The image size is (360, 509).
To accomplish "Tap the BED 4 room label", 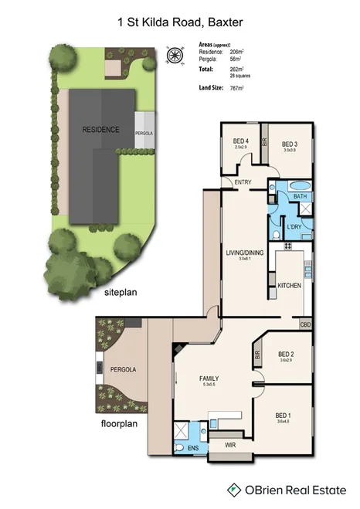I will pos(240,142).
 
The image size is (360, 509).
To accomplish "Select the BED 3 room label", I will pos(289,144).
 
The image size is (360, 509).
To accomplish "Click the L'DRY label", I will pos(294,226).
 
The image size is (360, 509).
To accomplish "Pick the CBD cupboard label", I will pos(305,324).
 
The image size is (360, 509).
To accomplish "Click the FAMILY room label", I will pos(209,378).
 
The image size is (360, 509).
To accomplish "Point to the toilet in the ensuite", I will pos(180,447).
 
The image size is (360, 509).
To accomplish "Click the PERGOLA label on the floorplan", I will pos(123,370).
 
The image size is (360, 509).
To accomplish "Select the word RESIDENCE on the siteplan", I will pos(100,130).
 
